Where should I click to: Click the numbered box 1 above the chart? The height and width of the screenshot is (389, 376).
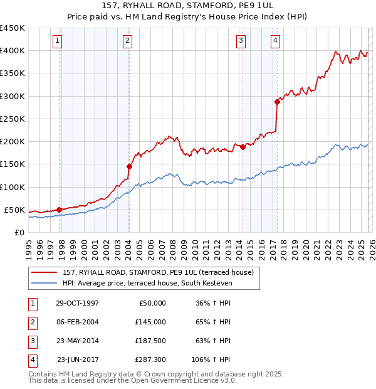coord(57,41)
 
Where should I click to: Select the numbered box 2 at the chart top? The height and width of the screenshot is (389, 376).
coord(127,41)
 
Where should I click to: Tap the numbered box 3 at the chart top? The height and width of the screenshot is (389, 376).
coord(241,41)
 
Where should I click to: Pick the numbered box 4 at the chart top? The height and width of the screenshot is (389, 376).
coord(275,41)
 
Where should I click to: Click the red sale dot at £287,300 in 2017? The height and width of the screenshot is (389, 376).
coord(276,102)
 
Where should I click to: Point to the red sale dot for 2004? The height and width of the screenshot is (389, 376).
coord(129,166)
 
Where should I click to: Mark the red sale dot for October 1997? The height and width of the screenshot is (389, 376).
coord(60,210)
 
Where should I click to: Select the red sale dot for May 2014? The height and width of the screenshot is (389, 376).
coord(243,147)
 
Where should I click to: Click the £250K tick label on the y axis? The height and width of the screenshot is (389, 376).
coord(12,119)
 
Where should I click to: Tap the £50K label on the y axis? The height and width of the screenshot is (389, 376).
coord(14,210)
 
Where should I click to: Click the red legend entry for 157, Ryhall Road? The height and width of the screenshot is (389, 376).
coord(157,272)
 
